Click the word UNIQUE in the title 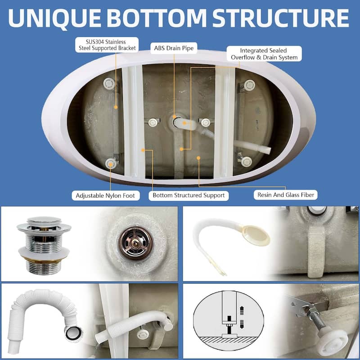tap(54, 18)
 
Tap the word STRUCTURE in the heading tap(280, 18)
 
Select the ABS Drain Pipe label tap(174, 48)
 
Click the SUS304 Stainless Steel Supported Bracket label tap(107, 45)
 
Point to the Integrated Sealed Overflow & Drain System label tap(264, 54)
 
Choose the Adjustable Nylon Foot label tap(105, 196)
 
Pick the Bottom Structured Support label tap(189, 195)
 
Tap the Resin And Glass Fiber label tap(286, 195)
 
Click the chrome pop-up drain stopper tap(44, 245)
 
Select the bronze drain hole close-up tap(135, 243)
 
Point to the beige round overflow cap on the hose tap(256, 235)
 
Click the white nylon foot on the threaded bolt tap(334, 338)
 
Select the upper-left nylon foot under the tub tap(109, 84)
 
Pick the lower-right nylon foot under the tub tap(246, 162)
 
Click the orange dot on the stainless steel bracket tap(116, 107)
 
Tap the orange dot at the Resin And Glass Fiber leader tap(198, 158)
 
